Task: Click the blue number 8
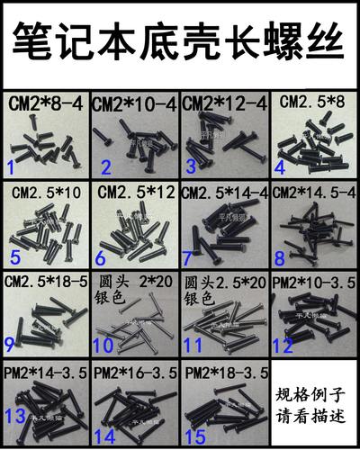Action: pyautogui.click(x=280, y=256)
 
